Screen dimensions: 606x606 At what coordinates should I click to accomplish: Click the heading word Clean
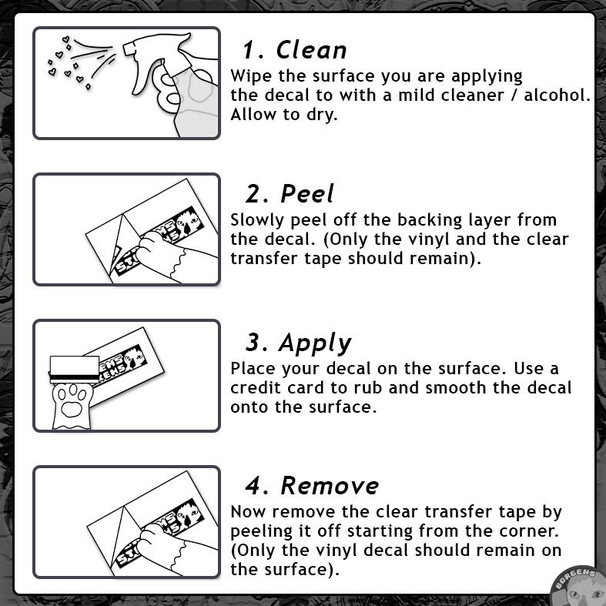coord(311,50)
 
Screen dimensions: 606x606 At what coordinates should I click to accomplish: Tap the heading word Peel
coord(307,193)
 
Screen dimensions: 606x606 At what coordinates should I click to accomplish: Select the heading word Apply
coord(315,343)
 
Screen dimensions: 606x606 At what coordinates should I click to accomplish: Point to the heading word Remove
coord(330,485)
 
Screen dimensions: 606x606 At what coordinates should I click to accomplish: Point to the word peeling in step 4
coord(261,532)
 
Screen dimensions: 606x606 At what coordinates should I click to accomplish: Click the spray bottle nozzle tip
coord(127,49)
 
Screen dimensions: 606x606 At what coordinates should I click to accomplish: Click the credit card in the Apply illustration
coord(75,370)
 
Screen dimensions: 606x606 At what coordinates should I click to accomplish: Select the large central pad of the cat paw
coord(72,410)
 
